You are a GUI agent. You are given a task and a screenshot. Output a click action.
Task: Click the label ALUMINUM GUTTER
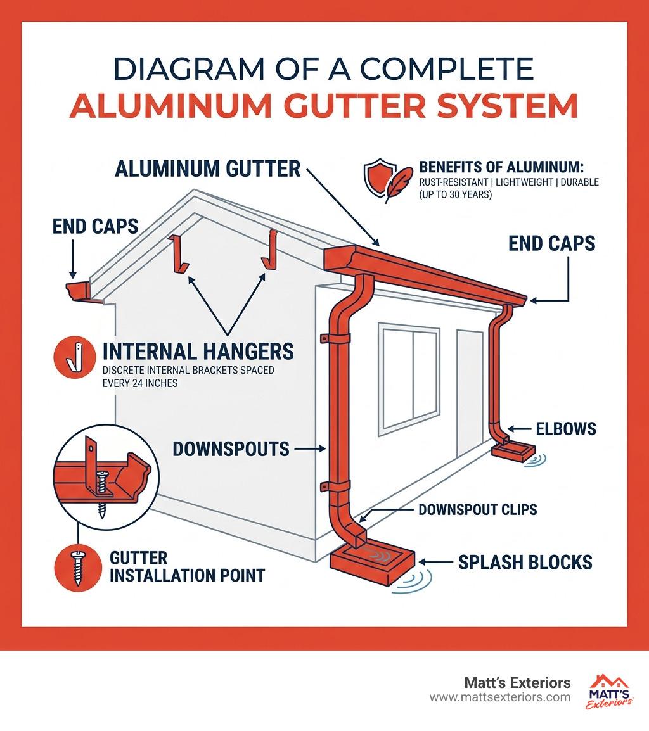pos(208,168)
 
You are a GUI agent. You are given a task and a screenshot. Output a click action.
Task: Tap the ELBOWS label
pos(566,429)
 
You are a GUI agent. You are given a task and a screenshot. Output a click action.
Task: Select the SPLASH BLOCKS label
pos(525,563)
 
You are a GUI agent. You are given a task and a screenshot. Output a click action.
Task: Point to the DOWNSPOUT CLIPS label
pos(478,509)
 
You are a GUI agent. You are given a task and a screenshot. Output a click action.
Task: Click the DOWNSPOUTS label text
pos(231,449)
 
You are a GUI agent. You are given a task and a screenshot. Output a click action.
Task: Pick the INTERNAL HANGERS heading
pos(198,352)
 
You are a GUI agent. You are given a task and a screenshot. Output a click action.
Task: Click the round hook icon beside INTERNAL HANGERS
pos(75,357)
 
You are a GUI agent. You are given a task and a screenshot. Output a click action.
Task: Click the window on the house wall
pos(409,379)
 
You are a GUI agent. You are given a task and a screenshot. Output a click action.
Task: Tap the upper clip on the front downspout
pos(335,338)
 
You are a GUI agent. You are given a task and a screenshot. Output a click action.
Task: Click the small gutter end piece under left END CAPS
pos(80,291)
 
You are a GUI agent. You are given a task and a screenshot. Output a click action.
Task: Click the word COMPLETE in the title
pos(447,70)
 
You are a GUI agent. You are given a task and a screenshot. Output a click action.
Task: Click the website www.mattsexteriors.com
pos(500,697)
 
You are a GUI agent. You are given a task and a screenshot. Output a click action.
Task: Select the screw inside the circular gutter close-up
pos(101,494)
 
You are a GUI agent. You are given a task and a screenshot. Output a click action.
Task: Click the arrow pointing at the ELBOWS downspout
pos(519,429)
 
